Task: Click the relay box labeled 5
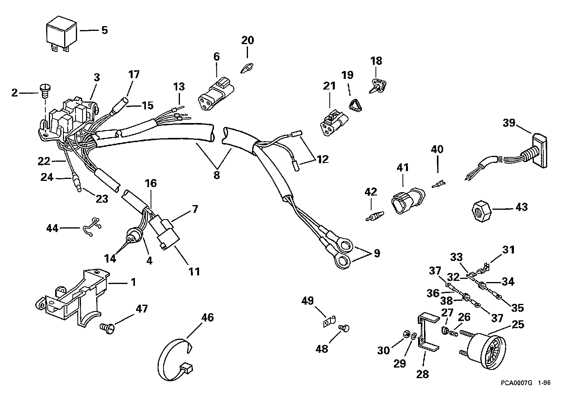(61, 34)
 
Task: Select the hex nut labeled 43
(481, 211)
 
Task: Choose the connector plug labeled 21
(334, 123)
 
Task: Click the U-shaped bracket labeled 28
(428, 332)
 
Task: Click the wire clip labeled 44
(92, 227)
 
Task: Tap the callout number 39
(509, 123)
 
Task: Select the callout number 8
(217, 175)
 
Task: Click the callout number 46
(207, 318)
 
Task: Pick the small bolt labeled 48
(343, 329)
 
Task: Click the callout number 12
(323, 159)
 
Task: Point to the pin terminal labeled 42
(375, 216)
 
